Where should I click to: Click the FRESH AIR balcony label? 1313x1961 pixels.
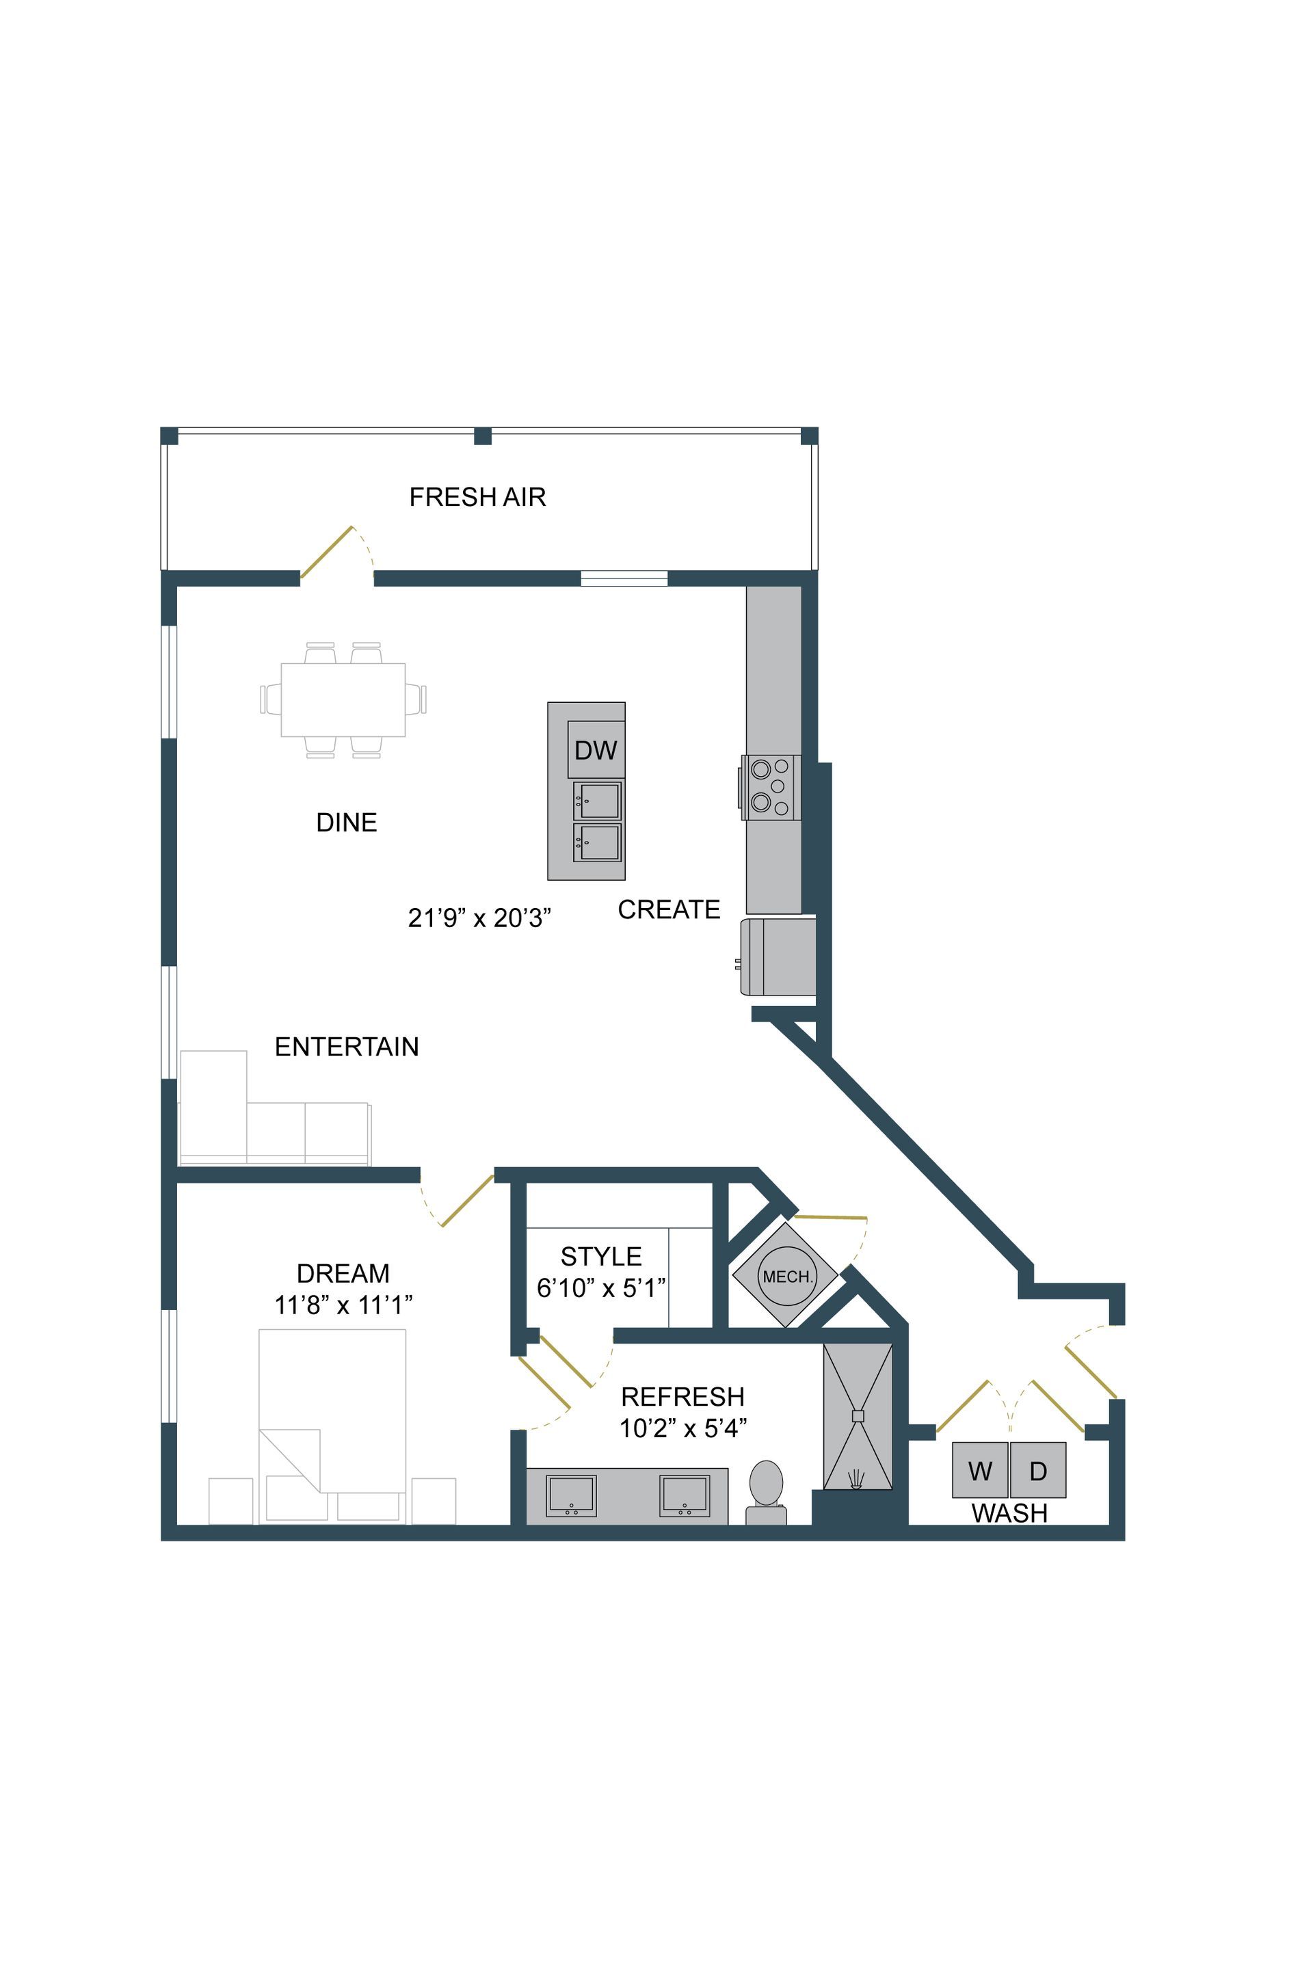(477, 497)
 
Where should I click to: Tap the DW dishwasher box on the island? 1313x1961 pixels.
(596, 750)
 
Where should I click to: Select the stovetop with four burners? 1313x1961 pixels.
(771, 787)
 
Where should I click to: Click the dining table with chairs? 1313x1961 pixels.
(343, 700)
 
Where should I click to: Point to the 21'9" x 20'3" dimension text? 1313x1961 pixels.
(479, 918)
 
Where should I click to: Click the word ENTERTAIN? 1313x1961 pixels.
(347, 1047)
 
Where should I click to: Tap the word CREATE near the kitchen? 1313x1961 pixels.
(668, 909)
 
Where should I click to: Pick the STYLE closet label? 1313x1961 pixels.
(600, 1256)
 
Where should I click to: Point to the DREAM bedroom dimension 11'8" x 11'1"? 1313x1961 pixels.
(343, 1305)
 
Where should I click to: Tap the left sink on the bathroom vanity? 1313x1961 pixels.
(571, 1495)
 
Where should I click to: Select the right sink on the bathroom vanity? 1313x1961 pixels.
(684, 1495)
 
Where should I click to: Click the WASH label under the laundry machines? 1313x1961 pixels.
(1009, 1513)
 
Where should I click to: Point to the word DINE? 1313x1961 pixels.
(347, 823)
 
